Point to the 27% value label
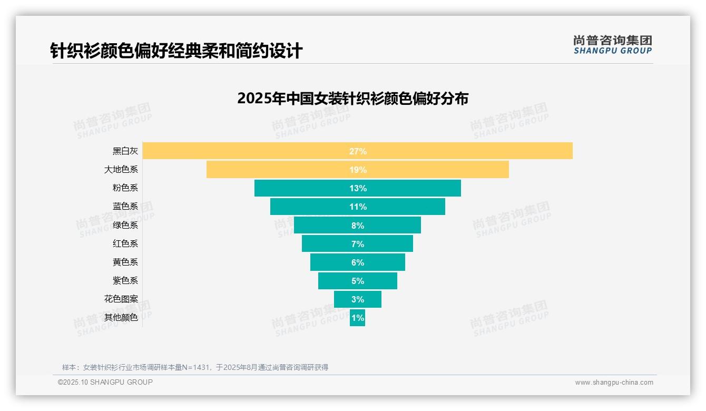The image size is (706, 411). coord(358,151)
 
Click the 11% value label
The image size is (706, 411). coord(358,207)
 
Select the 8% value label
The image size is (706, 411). coord(358,226)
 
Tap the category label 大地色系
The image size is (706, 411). coord(121,170)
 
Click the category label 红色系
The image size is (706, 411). coord(125,243)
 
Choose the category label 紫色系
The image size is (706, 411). coord(125,280)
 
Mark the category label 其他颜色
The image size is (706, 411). coord(121,318)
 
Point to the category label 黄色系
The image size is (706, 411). coord(125,262)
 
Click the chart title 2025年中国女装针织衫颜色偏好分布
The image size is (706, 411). coord(352,99)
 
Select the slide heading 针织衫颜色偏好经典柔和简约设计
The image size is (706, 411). coord(176,51)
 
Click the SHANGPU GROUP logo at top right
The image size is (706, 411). coord(613,45)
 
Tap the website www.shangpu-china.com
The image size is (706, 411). coord(614,383)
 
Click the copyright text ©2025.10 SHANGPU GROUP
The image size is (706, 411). coord(105,382)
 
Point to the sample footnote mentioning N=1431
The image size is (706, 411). coord(195,367)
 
